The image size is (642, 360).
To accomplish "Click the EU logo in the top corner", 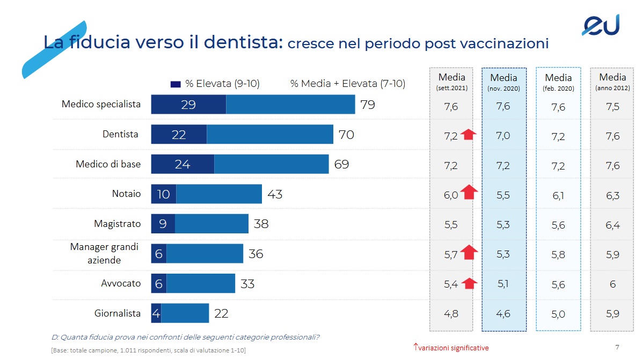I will pos(601,25).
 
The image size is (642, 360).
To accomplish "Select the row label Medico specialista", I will pos(101,104).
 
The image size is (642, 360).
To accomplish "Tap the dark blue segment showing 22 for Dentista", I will pos(179,135).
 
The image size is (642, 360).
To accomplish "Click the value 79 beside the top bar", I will pos(367,105).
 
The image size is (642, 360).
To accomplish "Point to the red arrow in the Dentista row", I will pos(469,135).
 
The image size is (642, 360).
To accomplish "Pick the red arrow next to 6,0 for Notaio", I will pos(469,192).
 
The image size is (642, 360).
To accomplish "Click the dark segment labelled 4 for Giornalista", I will pos(156,313).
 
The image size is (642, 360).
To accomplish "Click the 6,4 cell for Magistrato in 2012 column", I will pos(612,225).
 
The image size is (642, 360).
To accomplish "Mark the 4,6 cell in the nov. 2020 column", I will pos(503,314).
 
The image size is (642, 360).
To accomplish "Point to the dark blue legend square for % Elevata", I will pos(175,84).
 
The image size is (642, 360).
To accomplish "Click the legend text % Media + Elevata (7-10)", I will pos(347,84).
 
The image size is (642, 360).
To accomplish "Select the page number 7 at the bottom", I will pos(617,347).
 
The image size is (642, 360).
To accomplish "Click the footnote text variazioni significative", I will pos(454,348).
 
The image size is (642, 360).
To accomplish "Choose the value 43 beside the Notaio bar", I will pos(274,194).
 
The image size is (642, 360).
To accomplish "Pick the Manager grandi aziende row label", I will pos(104,253).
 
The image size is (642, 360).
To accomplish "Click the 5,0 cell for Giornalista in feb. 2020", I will pos(558,314).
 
